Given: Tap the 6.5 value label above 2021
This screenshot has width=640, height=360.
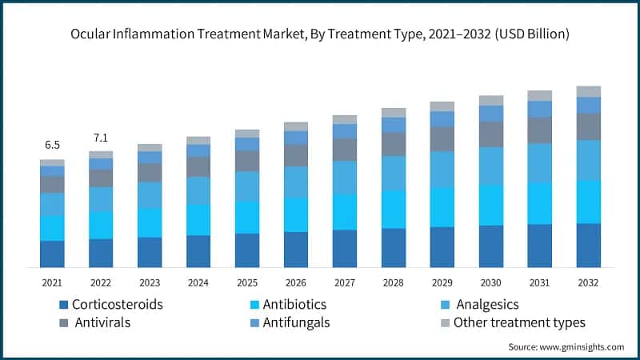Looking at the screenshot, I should (x=52, y=145).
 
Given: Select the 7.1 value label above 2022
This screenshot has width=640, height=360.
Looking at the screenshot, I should (x=101, y=136).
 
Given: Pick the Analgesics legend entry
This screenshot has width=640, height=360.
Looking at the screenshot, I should (x=486, y=305).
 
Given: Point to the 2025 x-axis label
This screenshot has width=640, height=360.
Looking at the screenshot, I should (x=247, y=282).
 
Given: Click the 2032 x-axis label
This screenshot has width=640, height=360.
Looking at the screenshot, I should (x=589, y=282).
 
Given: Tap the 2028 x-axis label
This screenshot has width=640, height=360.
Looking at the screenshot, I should (x=394, y=282).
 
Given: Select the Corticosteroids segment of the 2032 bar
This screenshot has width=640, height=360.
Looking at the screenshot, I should (x=589, y=245).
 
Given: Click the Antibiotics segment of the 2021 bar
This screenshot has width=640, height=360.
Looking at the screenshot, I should (x=52, y=228).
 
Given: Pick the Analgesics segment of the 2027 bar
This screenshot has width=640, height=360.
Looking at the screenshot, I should (x=345, y=178).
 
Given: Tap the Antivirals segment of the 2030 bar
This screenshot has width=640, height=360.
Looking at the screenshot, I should (x=491, y=134).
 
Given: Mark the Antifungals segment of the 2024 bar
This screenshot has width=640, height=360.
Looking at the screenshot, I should (x=198, y=150).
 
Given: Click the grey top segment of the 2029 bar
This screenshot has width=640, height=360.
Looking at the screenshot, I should (x=442, y=106).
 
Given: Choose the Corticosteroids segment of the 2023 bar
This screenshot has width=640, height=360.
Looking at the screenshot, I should (x=150, y=252).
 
